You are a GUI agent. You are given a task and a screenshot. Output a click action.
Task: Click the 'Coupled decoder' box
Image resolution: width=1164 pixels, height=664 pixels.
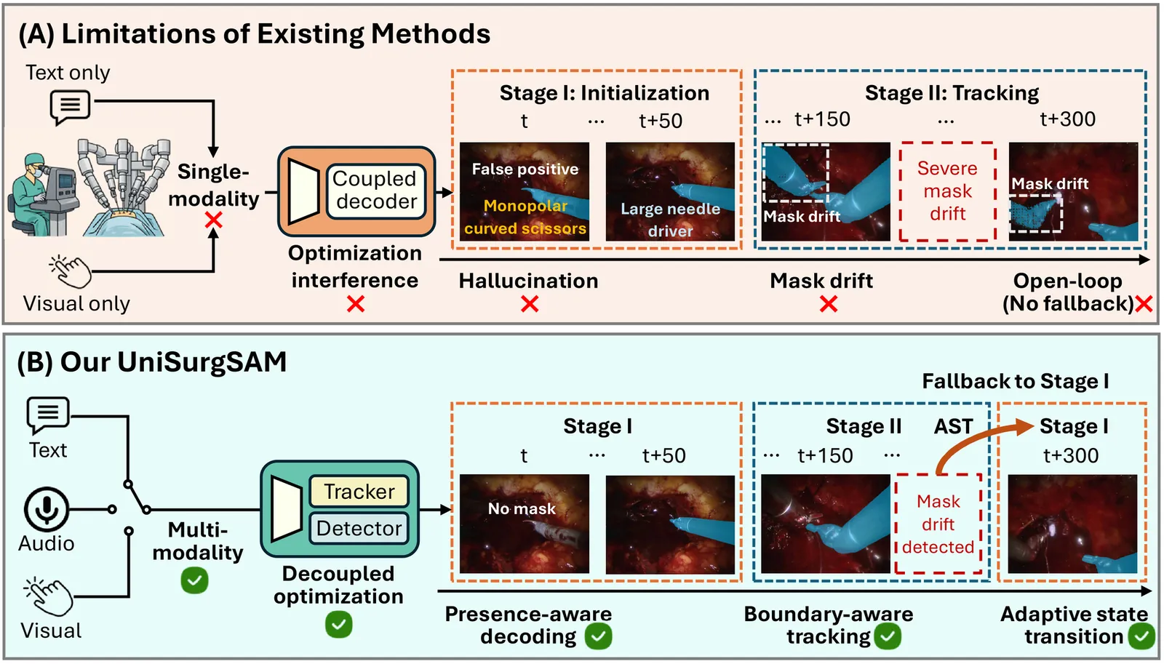[375, 191]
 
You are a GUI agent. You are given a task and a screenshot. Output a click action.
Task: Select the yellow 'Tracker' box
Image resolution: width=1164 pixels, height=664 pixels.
[359, 491]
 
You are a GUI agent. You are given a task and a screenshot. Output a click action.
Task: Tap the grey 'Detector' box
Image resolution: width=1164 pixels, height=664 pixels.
[359, 528]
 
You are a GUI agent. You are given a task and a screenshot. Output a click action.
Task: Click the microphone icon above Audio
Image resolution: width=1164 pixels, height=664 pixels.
[47, 509]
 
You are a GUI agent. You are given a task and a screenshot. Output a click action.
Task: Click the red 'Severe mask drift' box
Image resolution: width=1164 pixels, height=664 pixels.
[947, 191]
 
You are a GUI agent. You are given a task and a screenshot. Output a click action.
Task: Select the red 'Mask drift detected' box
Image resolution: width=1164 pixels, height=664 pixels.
[938, 524]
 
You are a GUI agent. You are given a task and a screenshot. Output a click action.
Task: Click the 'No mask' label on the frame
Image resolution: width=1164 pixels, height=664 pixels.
[522, 508]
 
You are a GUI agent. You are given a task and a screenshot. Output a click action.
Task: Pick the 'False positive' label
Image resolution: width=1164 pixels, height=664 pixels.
[525, 169]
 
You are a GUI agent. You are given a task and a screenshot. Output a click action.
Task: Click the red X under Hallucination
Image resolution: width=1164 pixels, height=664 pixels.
[530, 304]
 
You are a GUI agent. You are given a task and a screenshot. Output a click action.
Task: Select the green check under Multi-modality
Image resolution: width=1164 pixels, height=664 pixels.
[195, 580]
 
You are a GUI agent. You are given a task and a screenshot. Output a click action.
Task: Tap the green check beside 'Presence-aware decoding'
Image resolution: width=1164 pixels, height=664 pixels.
[598, 636]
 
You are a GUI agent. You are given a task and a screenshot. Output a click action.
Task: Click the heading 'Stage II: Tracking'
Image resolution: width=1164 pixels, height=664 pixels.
[952, 93]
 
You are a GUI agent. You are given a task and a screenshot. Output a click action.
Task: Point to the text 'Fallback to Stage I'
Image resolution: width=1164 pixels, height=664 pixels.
[1016, 381]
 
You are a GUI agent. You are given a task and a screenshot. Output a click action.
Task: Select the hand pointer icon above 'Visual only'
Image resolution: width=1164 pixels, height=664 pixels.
[70, 271]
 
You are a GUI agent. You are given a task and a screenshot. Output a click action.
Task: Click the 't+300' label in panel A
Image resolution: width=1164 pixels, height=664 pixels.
[1067, 119]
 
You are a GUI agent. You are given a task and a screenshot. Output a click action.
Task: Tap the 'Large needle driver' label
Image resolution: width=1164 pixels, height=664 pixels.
[670, 219]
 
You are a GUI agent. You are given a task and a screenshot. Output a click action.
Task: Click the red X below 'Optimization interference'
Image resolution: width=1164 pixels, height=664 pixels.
[356, 304]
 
